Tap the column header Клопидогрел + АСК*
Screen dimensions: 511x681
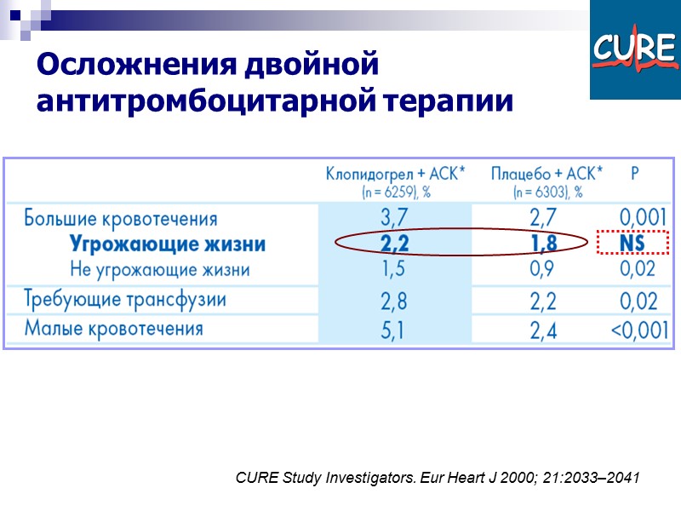pos(395,174)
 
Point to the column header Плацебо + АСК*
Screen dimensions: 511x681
pos(547,174)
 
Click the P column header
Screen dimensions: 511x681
pos(635,174)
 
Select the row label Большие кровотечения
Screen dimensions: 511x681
pos(120,220)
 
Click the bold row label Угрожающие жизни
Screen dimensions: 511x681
pos(167,245)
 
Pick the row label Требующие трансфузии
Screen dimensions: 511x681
pos(124,300)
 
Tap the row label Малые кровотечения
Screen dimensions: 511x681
pos(113,328)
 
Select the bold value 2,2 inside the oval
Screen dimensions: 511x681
pos(395,245)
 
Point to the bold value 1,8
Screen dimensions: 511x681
pos(544,245)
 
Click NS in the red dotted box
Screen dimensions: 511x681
pos(632,245)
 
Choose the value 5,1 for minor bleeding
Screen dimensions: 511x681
pos(395,329)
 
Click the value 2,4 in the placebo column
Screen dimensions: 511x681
pos(544,329)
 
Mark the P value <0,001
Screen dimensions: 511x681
pos(639,329)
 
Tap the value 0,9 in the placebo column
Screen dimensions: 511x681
pos(544,270)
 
